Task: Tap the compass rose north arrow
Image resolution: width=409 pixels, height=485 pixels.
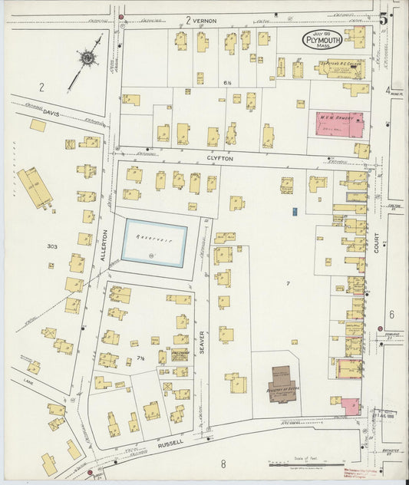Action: pos(87,59)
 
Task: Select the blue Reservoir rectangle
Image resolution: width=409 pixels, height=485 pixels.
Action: pos(155,242)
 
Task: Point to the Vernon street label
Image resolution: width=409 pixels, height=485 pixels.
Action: pos(208,19)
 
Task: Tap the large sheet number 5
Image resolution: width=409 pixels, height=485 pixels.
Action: pos(384,18)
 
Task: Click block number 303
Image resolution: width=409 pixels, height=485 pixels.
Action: pos(51,246)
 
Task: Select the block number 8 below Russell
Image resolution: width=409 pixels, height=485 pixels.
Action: pos(223,464)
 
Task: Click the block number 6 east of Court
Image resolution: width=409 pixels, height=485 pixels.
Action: pos(391,315)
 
